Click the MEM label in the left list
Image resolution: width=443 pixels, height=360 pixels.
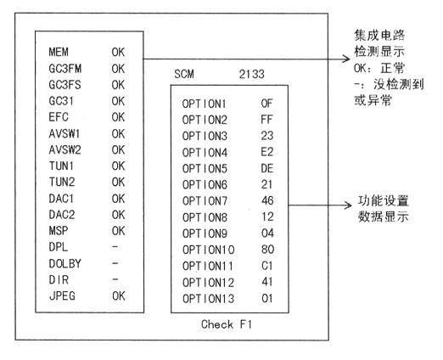(x=59, y=52)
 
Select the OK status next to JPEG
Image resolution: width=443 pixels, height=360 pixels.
(x=119, y=296)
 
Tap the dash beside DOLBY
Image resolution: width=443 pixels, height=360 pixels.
(x=115, y=263)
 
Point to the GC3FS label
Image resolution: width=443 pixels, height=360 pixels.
(x=64, y=85)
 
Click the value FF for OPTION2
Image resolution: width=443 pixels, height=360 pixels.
(x=266, y=120)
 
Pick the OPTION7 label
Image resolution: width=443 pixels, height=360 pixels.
(x=205, y=201)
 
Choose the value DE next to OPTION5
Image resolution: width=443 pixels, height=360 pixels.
(x=267, y=168)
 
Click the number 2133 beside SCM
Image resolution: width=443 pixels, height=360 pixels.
(x=252, y=74)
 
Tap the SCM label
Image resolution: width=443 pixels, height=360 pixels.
(x=184, y=74)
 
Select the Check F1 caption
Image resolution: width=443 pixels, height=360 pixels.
(x=227, y=324)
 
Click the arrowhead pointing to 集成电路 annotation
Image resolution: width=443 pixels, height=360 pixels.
(x=347, y=59)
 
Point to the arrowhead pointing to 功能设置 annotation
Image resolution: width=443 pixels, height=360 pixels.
(x=349, y=205)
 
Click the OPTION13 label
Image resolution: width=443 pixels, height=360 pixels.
(x=209, y=299)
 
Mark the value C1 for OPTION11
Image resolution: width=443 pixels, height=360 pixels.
(x=267, y=266)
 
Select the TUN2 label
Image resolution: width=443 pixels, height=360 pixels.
(x=62, y=182)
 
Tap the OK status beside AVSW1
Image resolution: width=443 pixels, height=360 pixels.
(x=118, y=133)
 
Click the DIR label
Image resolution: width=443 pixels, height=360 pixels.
(x=59, y=280)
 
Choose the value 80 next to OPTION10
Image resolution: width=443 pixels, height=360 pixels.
(x=267, y=250)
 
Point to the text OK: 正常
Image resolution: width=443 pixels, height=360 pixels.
(x=379, y=68)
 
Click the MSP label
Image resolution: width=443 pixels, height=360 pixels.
(x=59, y=231)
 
